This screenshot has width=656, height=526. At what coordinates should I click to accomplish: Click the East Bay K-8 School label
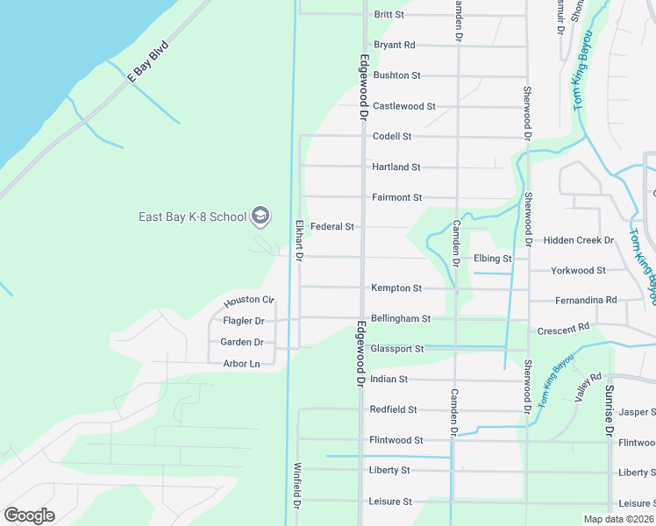click(x=192, y=217)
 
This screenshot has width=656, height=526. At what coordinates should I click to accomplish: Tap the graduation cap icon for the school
click(x=260, y=216)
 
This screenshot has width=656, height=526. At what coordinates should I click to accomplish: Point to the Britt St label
click(x=389, y=15)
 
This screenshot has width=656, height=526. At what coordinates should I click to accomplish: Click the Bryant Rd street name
click(x=394, y=45)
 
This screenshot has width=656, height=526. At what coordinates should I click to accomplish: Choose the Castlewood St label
click(x=403, y=106)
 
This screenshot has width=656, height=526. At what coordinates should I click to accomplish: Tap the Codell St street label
click(x=391, y=137)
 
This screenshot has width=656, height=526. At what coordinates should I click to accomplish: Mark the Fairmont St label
click(x=396, y=197)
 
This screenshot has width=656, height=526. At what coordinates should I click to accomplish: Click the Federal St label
click(x=332, y=226)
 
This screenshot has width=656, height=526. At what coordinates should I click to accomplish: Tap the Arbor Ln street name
click(x=241, y=364)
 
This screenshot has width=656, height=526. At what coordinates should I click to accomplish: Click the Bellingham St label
click(x=400, y=319)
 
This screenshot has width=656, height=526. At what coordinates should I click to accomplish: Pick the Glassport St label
click(x=396, y=349)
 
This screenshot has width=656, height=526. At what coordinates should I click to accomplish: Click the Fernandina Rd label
click(x=586, y=301)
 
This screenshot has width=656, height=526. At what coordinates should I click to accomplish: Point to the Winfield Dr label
click(x=298, y=487)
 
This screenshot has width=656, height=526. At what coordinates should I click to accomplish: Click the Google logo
click(x=29, y=515)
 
